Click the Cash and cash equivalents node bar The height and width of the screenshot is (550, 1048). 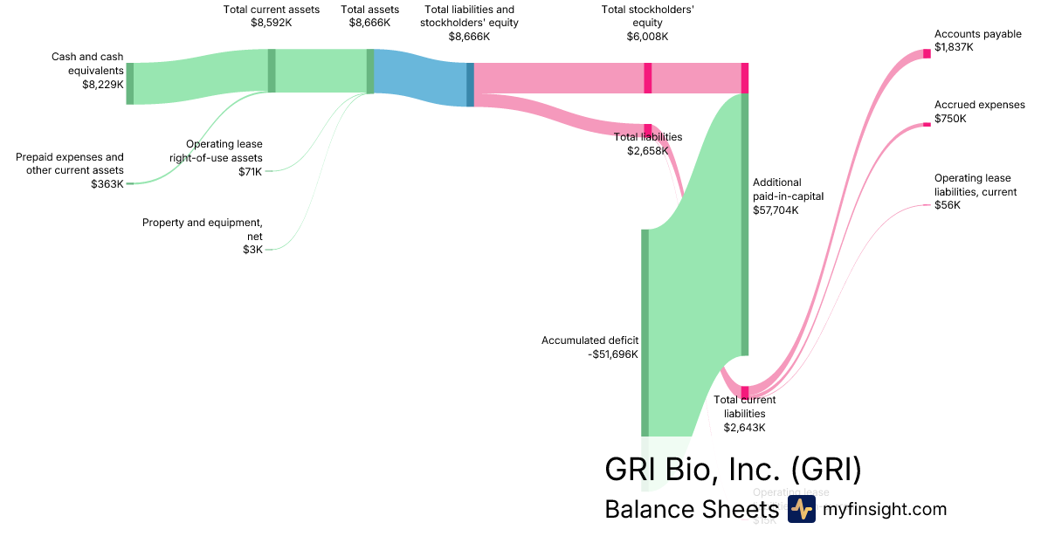pyautogui.click(x=130, y=84)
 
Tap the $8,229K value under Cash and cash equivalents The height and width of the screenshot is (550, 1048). pyautogui.click(x=102, y=85)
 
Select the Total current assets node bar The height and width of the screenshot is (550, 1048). pyautogui.click(x=272, y=71)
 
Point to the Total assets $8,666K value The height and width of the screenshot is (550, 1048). pyautogui.click(x=369, y=24)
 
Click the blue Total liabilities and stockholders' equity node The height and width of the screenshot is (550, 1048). pyautogui.click(x=470, y=85)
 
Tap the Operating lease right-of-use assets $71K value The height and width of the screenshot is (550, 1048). pyautogui.click(x=250, y=171)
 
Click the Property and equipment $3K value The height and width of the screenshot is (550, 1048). pyautogui.click(x=252, y=250)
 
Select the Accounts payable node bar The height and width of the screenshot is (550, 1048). pyautogui.click(x=927, y=54)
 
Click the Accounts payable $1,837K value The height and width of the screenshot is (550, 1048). pyautogui.click(x=954, y=47)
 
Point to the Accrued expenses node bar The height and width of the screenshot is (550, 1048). pyautogui.click(x=927, y=125)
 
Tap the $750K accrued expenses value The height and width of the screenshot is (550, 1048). pyautogui.click(x=950, y=118)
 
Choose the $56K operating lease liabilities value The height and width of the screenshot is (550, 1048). pyautogui.click(x=947, y=205)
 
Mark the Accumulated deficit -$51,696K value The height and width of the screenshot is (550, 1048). pyautogui.click(x=613, y=354)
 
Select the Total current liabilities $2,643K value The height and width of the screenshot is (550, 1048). pyautogui.click(x=744, y=427)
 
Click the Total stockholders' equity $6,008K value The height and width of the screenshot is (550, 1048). pyautogui.click(x=647, y=37)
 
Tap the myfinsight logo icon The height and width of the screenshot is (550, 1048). pyautogui.click(x=801, y=510)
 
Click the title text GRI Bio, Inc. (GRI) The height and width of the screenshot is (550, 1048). pyautogui.click(x=733, y=469)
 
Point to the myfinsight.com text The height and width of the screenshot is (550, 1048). pyautogui.click(x=884, y=510)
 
